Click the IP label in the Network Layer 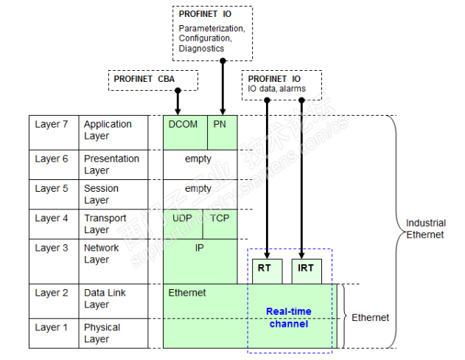click(200, 248)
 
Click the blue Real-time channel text click(289, 317)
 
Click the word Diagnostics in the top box click(201, 49)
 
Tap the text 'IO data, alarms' click(276, 89)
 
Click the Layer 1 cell click(53, 333)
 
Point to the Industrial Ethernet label click(425, 229)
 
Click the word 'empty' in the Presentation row click(198, 159)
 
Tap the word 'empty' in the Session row click(198, 188)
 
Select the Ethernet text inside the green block click(187, 293)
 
